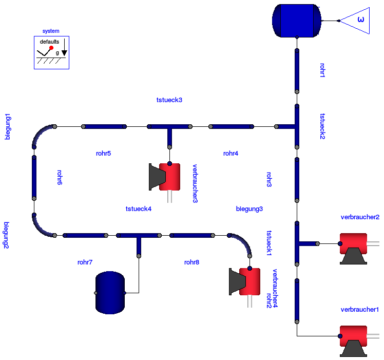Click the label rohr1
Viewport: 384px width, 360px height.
(x=322, y=70)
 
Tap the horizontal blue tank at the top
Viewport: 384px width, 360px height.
(x=296, y=21)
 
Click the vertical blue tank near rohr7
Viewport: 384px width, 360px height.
(x=110, y=293)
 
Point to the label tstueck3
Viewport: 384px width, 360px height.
(x=169, y=100)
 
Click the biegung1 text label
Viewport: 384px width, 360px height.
(x=7, y=127)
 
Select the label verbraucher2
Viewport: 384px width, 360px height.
(x=360, y=217)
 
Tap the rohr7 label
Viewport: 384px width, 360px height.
(x=85, y=262)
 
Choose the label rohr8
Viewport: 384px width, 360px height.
(x=191, y=262)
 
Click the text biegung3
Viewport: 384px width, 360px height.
(x=249, y=209)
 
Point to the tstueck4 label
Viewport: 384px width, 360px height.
(x=139, y=209)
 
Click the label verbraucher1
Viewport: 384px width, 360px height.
(x=360, y=310)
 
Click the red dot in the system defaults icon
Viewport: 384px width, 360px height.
(x=51, y=48)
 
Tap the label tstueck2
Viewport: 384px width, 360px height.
(x=322, y=126)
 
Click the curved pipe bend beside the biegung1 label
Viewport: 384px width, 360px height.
(x=41, y=135)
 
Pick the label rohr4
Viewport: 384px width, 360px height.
(x=231, y=153)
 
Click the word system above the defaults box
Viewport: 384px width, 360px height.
(x=51, y=31)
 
